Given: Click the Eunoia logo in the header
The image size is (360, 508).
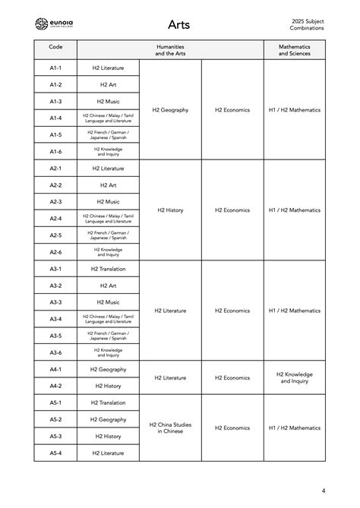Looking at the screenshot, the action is point(55,24).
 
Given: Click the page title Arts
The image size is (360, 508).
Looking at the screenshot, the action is point(179,25).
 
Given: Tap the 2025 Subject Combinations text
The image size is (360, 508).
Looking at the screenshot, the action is point(307,24).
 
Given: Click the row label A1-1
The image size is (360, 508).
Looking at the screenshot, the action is point(55,68).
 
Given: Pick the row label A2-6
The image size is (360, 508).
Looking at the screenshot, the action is point(55,252).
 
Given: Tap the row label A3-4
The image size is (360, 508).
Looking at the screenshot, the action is point(55,319).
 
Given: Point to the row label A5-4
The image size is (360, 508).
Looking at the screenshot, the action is point(55,453).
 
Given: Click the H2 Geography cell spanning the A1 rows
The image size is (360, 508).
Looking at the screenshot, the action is point(170,110).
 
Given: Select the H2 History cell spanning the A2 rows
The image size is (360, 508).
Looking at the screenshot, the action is point(170,210).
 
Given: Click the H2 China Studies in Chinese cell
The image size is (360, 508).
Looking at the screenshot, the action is point(170,428).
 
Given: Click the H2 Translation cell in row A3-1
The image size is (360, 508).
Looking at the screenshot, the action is point(107,269).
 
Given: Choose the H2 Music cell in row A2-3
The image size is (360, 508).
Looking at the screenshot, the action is point(107,202).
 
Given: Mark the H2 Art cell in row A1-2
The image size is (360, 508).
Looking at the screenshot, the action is point(107,85).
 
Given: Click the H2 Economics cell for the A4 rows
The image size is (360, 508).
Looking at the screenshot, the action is point(232,377).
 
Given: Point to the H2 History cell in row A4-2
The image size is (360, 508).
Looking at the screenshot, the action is point(107,386).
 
